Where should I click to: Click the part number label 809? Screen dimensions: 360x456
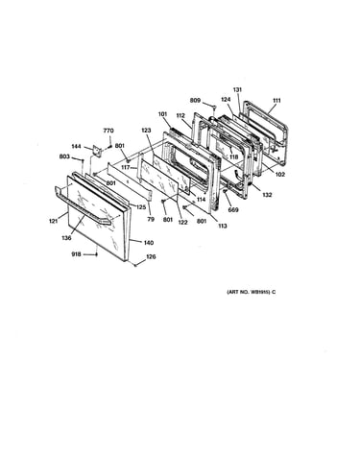click(x=195, y=101)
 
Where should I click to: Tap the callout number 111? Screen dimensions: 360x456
click(x=276, y=101)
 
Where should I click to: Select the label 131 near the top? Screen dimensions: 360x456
click(x=237, y=90)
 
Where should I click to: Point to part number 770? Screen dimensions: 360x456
click(x=108, y=131)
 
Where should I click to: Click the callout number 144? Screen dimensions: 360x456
click(x=76, y=146)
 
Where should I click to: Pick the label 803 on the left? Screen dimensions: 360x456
click(x=64, y=156)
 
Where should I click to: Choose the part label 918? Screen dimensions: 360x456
click(x=76, y=254)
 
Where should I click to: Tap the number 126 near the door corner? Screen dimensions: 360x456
click(x=151, y=256)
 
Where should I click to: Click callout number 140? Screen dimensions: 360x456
click(x=149, y=243)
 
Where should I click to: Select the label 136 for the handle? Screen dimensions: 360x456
click(x=66, y=238)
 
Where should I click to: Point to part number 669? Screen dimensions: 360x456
click(x=233, y=210)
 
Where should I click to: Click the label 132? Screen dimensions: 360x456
click(x=267, y=195)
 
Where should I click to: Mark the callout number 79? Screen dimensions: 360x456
click(x=151, y=219)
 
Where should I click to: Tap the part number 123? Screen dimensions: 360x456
click(x=146, y=131)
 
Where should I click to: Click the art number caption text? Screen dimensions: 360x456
click(x=251, y=292)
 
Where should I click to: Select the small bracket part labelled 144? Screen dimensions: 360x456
click(x=96, y=150)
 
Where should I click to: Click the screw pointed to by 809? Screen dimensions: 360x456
click(x=214, y=107)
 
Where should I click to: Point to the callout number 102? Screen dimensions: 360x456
click(x=279, y=175)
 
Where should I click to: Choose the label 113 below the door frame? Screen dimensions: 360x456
click(x=222, y=226)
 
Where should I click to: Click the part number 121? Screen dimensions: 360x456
click(x=54, y=221)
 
